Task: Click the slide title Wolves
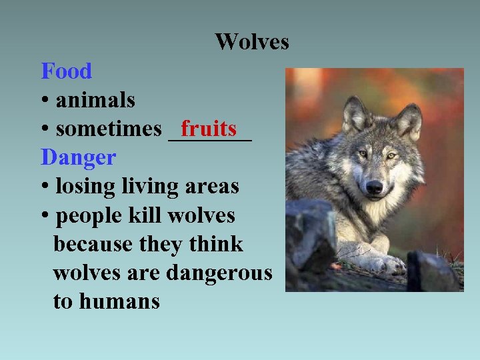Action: point(252,42)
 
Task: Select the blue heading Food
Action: point(66,71)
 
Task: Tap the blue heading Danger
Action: point(78,158)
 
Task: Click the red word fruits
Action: point(209,127)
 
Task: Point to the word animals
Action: point(95,100)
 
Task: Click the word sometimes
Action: point(109,129)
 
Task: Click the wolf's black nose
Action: point(374,187)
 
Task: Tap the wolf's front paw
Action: point(387,264)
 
